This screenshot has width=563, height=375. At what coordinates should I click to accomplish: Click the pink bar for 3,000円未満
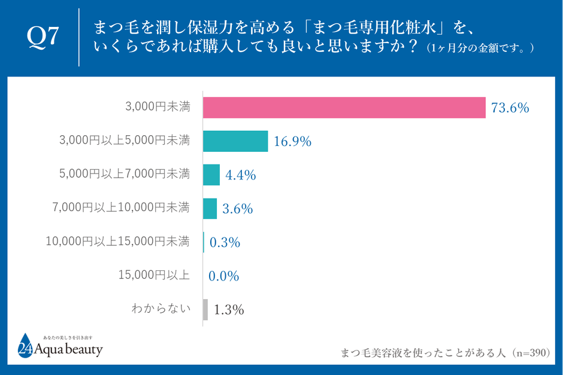pyautogui.click(x=344, y=108)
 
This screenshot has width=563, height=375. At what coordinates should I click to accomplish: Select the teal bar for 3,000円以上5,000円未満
pyautogui.click(x=235, y=141)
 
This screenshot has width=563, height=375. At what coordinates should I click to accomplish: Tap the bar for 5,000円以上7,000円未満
pyautogui.click(x=211, y=175)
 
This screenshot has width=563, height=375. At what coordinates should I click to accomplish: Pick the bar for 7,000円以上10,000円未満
pyautogui.click(x=210, y=209)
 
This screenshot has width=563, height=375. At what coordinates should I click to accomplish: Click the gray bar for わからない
pyautogui.click(x=205, y=310)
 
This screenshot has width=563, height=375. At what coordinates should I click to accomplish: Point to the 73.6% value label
pyautogui.click(x=510, y=108)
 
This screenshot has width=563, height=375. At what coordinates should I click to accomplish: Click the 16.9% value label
pyautogui.click(x=292, y=142)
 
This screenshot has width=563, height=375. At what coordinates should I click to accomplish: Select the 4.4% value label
pyautogui.click(x=241, y=175)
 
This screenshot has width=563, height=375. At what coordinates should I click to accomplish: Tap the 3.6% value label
pyautogui.click(x=237, y=209)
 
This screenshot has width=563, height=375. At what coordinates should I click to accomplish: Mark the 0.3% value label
pyautogui.click(x=225, y=243)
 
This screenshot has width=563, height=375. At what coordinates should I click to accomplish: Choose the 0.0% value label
pyautogui.click(x=223, y=276)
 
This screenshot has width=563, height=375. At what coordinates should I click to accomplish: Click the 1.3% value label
pyautogui.click(x=228, y=310)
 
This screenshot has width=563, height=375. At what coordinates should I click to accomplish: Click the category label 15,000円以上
pyautogui.click(x=156, y=275)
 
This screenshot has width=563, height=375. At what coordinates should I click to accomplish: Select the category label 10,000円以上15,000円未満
pyautogui.click(x=118, y=242)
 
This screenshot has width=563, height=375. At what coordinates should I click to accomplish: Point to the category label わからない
pyautogui.click(x=161, y=309)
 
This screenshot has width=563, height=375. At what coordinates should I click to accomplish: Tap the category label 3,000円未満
pyautogui.click(x=158, y=107)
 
